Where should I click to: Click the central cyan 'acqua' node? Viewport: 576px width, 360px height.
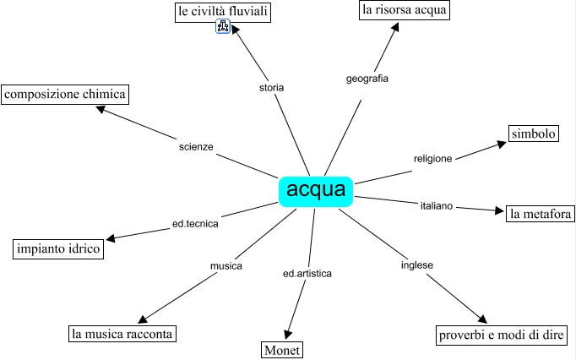tap(316, 190)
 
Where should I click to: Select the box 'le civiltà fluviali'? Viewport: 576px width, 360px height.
tap(222, 12)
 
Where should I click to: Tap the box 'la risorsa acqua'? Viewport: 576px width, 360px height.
tap(404, 10)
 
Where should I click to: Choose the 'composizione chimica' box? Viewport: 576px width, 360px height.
tap(65, 94)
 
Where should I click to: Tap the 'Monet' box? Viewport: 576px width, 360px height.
tap(280, 350)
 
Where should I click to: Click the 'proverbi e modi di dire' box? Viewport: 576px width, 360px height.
tap(501, 335)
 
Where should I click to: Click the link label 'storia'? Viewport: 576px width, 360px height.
tap(271, 87)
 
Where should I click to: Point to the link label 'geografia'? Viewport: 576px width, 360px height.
tap(367, 79)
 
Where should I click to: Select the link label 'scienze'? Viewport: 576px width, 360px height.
tap(196, 146)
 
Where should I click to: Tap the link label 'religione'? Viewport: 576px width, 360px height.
tap(432, 158)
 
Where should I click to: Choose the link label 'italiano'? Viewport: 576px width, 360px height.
tap(437, 205)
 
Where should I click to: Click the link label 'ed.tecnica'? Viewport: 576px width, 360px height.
tap(195, 224)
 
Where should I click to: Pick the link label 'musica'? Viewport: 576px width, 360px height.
tap(226, 266)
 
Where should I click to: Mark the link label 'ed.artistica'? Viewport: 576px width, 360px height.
tap(307, 274)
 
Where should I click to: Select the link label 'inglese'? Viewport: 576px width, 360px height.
tap(416, 265)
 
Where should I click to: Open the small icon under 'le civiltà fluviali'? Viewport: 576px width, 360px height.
tap(223, 28)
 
